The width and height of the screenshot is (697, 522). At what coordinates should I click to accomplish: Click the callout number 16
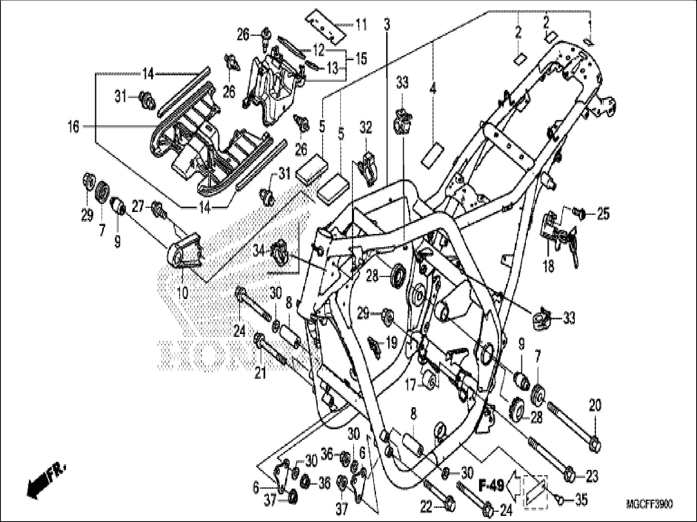click(73, 127)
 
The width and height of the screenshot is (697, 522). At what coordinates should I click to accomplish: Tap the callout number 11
click(361, 25)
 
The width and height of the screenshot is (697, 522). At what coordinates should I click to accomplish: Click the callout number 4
click(432, 88)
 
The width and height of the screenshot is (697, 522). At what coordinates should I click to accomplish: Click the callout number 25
click(603, 213)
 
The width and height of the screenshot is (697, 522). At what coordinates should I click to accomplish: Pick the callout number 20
click(595, 405)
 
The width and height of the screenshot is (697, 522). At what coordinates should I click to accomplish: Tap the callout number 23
click(592, 476)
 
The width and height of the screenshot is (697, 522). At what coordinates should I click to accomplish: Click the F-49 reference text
click(491, 485)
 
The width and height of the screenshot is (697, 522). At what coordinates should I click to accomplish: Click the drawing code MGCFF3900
click(649, 505)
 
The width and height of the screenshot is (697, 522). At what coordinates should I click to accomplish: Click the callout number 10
click(183, 292)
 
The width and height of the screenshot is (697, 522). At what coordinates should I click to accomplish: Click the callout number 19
click(391, 343)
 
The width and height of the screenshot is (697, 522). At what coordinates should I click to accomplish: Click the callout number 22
click(426, 507)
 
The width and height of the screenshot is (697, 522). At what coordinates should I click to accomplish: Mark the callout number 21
click(260, 372)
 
